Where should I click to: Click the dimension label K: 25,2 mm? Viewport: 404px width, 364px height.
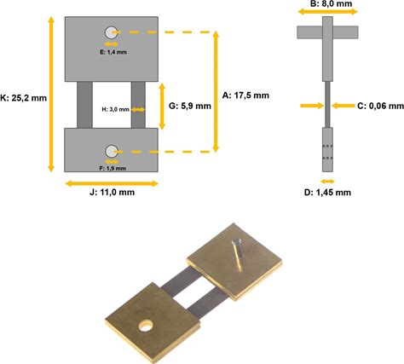tap(23, 98)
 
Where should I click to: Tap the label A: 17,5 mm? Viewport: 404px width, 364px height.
tap(245, 95)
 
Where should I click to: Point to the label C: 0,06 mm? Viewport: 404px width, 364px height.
tap(380, 106)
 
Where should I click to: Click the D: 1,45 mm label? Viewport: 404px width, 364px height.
tap(327, 193)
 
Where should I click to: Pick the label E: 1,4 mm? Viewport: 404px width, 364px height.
tap(113, 52)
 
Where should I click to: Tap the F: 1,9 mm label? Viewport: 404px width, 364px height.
tap(113, 168)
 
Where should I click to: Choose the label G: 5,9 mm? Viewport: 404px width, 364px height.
tap(190, 106)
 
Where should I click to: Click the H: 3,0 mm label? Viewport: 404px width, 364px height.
tap(115, 109)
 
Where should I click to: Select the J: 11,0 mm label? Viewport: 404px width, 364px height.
tap(112, 193)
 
